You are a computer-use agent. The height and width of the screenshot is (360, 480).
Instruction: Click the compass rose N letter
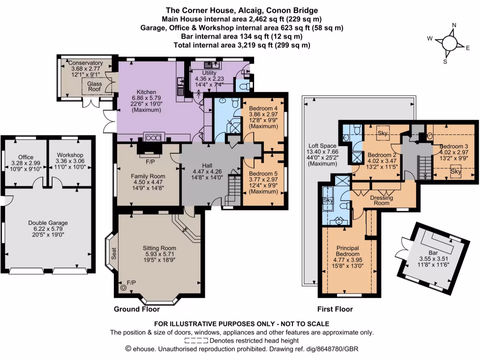click(454, 26)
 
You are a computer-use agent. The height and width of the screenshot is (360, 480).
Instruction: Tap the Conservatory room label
click(85, 63)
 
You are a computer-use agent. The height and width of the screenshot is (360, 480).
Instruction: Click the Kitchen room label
click(146, 92)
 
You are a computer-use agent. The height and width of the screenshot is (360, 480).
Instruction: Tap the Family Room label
click(147, 176)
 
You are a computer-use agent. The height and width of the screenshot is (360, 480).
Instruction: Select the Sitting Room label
click(159, 248)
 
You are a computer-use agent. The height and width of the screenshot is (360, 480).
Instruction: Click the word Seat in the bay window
click(113, 254)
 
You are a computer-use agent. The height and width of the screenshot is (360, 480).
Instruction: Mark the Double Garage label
click(48, 223)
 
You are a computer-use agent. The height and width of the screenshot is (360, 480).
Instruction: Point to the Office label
click(26, 157)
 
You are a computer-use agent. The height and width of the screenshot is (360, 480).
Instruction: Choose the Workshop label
click(69, 155)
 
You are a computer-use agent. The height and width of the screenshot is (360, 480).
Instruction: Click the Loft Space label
click(318, 145)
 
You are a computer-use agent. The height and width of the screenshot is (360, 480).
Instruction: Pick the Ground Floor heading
click(137, 309)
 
